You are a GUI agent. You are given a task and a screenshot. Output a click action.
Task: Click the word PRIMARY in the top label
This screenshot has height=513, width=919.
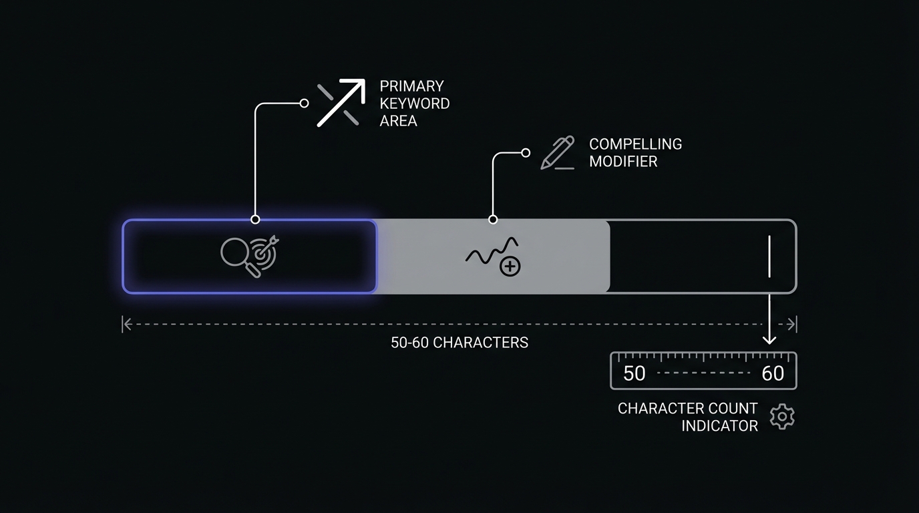[411, 86]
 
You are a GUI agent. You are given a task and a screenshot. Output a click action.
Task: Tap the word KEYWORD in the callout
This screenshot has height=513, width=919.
[414, 104]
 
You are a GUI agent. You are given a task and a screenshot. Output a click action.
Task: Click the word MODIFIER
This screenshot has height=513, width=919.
[623, 162]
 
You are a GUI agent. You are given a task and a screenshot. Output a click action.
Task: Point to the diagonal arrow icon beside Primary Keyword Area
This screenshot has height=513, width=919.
[341, 102]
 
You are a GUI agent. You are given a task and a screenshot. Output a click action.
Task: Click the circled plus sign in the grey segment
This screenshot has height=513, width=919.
[510, 267]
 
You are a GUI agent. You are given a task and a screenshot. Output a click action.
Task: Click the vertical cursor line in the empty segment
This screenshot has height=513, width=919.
[769, 256]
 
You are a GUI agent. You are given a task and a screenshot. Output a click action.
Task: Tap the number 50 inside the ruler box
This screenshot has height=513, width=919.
[634, 373]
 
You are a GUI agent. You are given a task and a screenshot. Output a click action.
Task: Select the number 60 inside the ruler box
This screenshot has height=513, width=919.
[773, 373]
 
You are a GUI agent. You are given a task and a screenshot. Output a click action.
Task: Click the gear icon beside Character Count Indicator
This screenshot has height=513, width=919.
[782, 417]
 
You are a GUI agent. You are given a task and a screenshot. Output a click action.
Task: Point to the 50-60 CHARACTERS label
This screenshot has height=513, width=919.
[459, 343]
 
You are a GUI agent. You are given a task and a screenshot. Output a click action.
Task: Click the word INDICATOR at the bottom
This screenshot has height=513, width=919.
[719, 426]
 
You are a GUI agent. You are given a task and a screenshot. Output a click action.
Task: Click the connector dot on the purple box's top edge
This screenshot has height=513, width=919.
[255, 219]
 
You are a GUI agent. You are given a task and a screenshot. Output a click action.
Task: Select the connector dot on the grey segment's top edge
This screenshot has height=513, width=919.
[493, 219]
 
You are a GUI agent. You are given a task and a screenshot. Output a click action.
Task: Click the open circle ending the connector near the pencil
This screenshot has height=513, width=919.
[526, 153]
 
